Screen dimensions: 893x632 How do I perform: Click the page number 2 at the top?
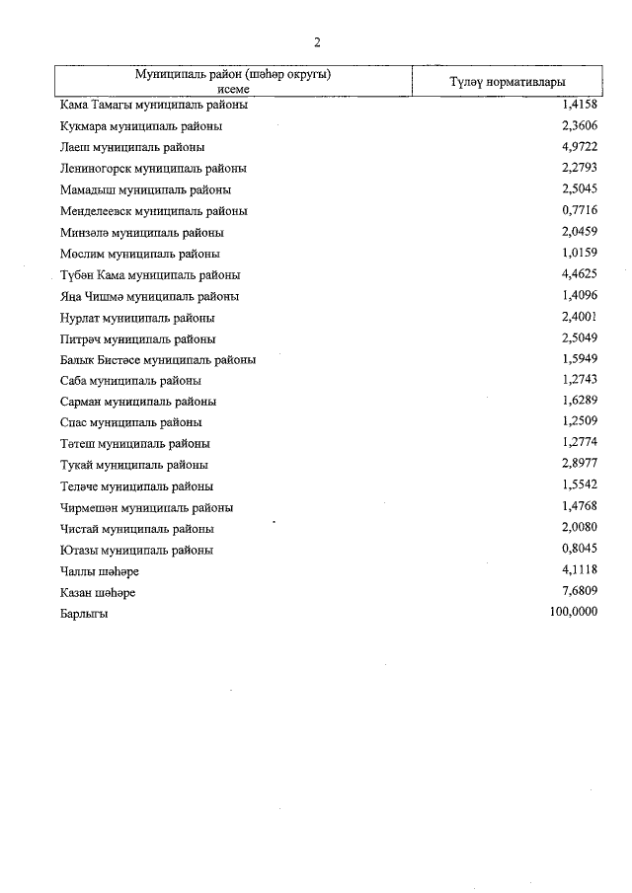pyautogui.click(x=317, y=41)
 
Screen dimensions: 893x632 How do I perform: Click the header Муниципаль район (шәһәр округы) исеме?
pyautogui.click(x=233, y=81)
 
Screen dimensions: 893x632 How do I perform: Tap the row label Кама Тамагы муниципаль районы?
pyautogui.click(x=153, y=105)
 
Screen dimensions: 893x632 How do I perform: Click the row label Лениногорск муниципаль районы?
pyautogui.click(x=153, y=169)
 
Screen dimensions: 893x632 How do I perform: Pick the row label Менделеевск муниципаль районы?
pyautogui.click(x=153, y=211)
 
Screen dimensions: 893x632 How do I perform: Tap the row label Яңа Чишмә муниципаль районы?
pyautogui.click(x=149, y=296)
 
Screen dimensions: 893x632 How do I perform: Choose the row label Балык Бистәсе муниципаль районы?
pyautogui.click(x=158, y=360)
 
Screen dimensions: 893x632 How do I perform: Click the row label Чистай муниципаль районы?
pyautogui.click(x=136, y=529)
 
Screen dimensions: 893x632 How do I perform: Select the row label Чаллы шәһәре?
pyautogui.click(x=100, y=571)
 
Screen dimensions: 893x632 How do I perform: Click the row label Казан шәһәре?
pyautogui.click(x=98, y=593)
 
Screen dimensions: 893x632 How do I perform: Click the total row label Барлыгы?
pyautogui.click(x=84, y=614)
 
